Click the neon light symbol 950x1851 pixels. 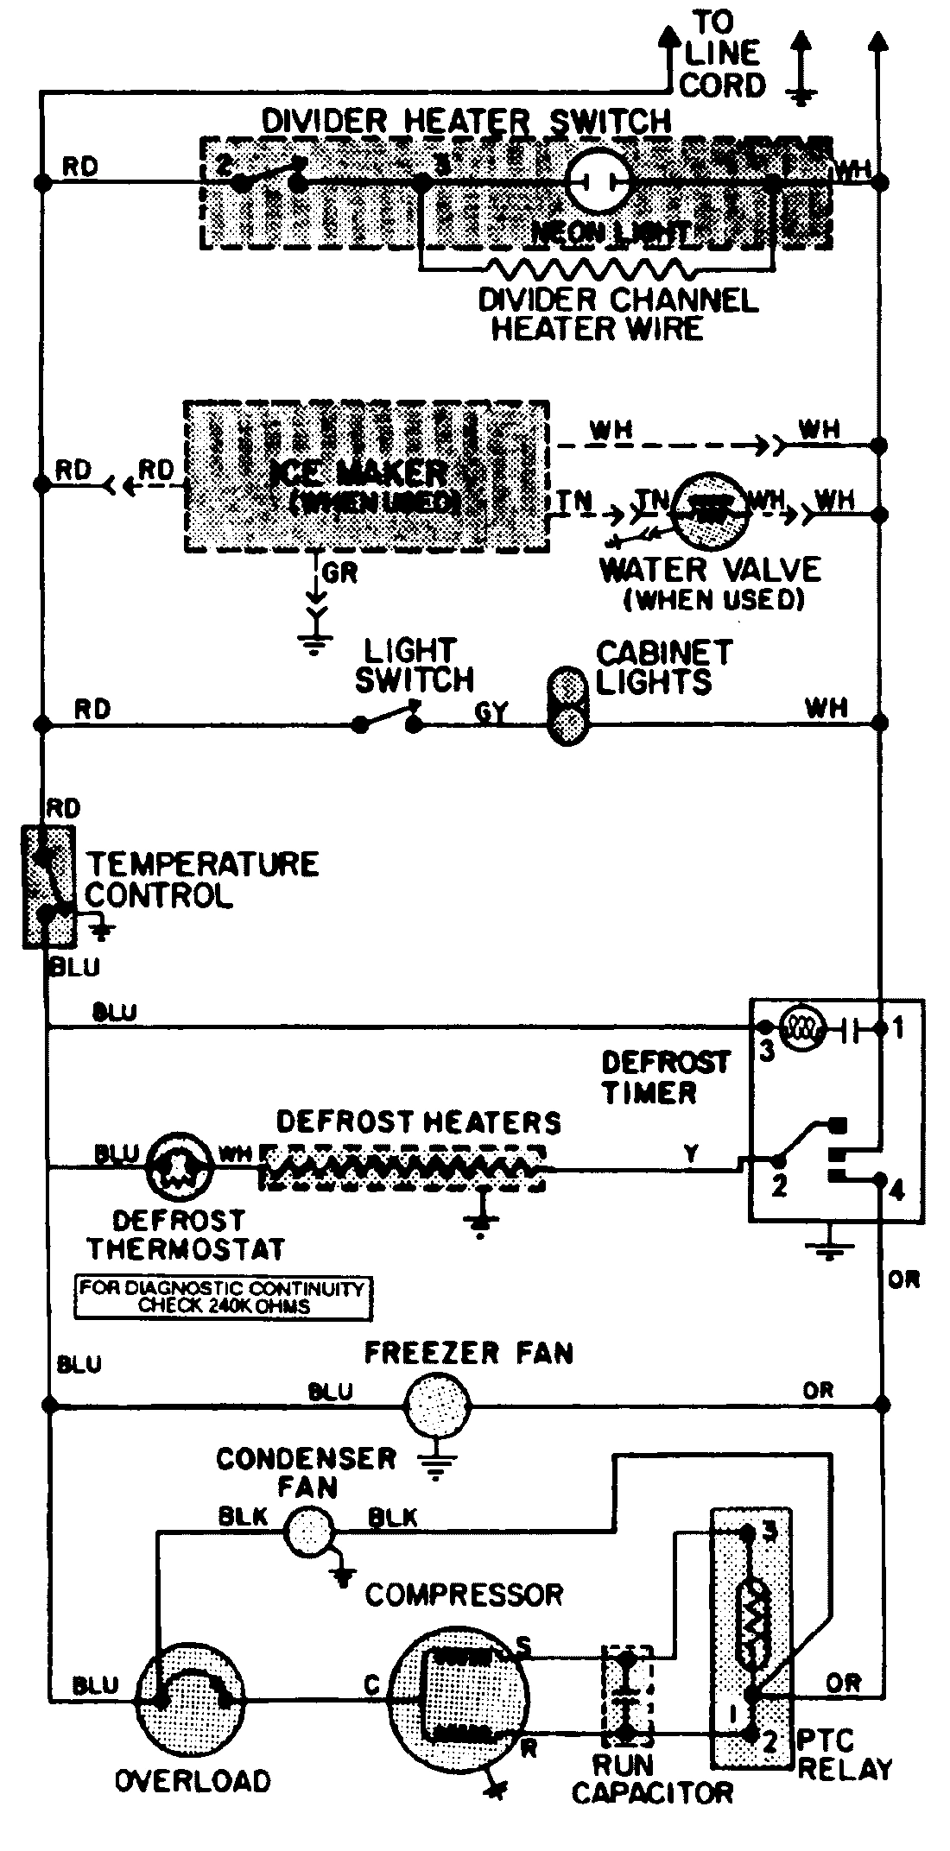click(598, 181)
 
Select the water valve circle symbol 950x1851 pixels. click(710, 511)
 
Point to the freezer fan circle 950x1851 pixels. click(439, 1406)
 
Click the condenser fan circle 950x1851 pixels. click(308, 1531)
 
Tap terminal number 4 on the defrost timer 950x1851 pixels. click(896, 1191)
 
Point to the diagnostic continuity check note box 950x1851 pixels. click(222, 1298)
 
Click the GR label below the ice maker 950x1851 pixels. click(339, 573)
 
